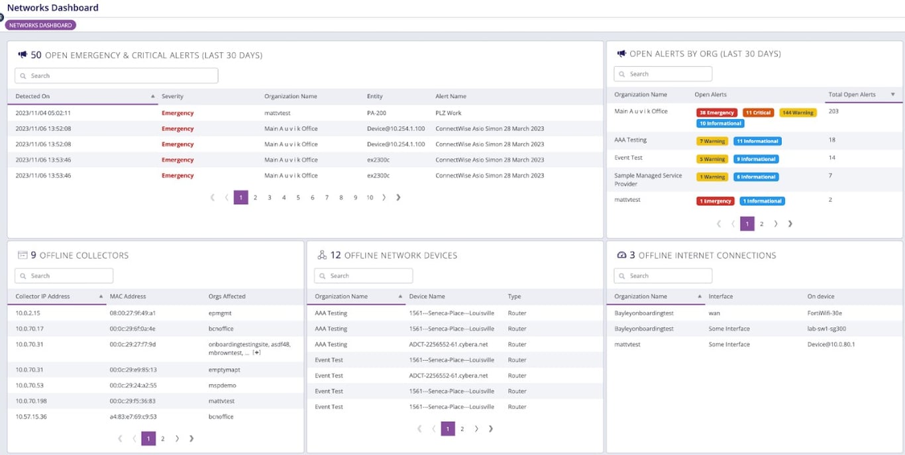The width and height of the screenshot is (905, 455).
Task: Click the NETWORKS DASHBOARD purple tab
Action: pyautogui.click(x=40, y=25)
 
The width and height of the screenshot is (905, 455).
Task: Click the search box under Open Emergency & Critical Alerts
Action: pyautogui.click(x=117, y=76)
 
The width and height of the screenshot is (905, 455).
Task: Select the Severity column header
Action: pyautogui.click(x=172, y=97)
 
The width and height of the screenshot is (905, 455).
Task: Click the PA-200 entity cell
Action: pyautogui.click(x=376, y=113)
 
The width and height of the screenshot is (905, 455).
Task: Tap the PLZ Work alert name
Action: pyautogui.click(x=449, y=113)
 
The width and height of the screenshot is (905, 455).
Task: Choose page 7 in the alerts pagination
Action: pyautogui.click(x=327, y=197)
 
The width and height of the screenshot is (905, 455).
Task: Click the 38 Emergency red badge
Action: pyautogui.click(x=716, y=113)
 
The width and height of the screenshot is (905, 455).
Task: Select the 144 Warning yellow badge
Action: pyautogui.click(x=798, y=113)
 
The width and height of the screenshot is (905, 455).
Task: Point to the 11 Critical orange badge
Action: pyautogui.click(x=758, y=113)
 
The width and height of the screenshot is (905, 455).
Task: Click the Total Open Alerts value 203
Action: pyautogui.click(x=833, y=111)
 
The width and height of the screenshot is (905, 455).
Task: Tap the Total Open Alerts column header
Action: pyautogui.click(x=851, y=95)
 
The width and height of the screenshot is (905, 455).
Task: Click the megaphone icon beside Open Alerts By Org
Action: pyautogui.click(x=621, y=54)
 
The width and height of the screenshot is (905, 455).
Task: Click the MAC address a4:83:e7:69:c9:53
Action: pyautogui.click(x=133, y=417)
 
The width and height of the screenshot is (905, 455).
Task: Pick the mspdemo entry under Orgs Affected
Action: pyautogui.click(x=222, y=385)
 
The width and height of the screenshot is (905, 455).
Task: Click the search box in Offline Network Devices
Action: pyautogui.click(x=363, y=276)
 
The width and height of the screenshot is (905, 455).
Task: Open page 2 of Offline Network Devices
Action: pyautogui.click(x=462, y=429)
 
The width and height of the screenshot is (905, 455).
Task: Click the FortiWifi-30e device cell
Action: pyautogui.click(x=824, y=313)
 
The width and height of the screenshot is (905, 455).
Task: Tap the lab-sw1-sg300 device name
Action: pyautogui.click(x=826, y=329)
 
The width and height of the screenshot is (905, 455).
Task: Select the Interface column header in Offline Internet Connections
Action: pyautogui.click(x=721, y=297)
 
